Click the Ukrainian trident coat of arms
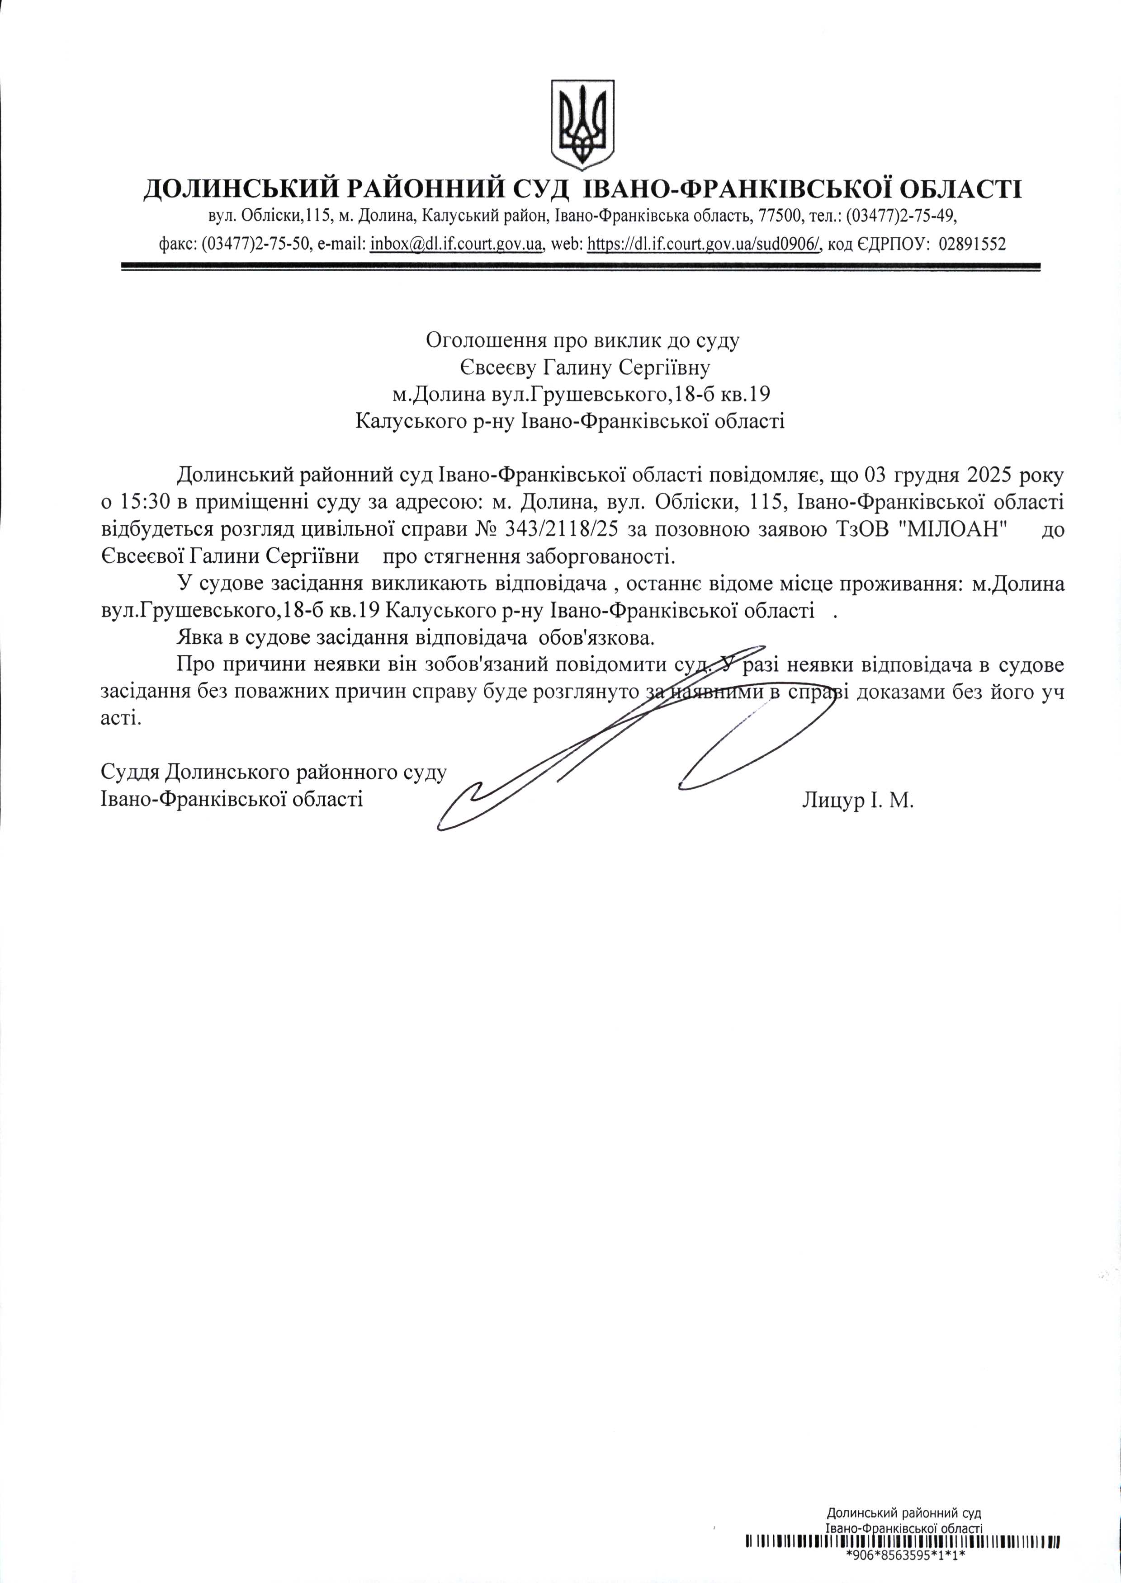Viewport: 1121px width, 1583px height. pos(582,124)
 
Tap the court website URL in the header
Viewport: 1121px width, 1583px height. pos(703,244)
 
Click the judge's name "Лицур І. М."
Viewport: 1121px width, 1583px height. pos(858,801)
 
